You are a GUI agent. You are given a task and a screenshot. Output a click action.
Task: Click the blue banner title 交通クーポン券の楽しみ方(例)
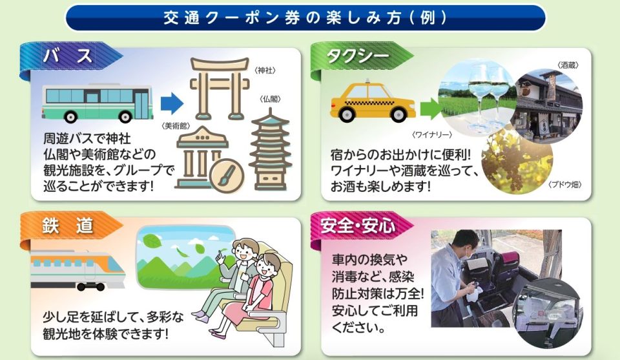click(305, 18)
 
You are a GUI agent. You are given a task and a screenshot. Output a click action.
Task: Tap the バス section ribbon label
click(68, 56)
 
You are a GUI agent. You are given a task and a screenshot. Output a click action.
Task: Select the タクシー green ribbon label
click(358, 56)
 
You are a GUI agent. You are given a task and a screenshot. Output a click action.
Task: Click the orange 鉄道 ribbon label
click(68, 226)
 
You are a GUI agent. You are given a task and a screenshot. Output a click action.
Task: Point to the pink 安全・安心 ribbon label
click(357, 226)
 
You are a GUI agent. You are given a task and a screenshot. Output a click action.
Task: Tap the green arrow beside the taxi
click(431, 108)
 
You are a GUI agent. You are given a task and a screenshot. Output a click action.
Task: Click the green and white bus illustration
click(98, 103)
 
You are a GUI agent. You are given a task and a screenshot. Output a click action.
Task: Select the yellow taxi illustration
click(373, 101)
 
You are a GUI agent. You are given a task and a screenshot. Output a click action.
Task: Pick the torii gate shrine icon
click(220, 88)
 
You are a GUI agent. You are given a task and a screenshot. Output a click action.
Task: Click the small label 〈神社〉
click(265, 70)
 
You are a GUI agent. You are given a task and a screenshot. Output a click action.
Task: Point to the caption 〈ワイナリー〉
click(432, 135)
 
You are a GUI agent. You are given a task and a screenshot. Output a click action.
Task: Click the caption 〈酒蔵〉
click(568, 65)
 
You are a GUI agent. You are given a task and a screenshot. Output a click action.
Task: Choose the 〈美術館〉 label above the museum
click(176, 126)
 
